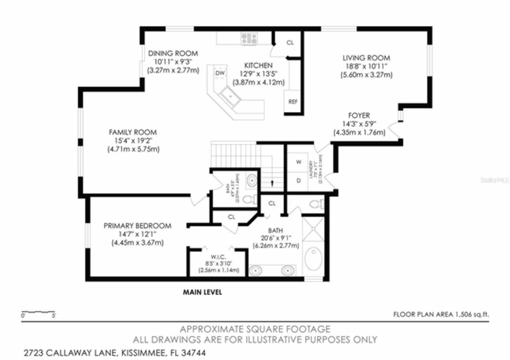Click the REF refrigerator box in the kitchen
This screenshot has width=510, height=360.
point(293,102)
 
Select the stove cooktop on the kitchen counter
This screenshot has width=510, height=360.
point(249,39)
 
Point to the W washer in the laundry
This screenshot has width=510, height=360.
point(298,162)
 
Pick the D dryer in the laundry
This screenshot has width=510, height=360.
point(298,180)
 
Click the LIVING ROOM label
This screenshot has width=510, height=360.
point(366,58)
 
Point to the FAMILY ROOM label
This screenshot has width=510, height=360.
point(133,132)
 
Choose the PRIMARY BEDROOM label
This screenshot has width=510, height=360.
point(137,226)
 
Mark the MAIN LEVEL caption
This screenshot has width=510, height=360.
point(202,292)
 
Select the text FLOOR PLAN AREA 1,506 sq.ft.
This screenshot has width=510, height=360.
point(441,315)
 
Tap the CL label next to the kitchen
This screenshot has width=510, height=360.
point(290,43)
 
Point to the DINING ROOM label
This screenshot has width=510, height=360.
point(173,53)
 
